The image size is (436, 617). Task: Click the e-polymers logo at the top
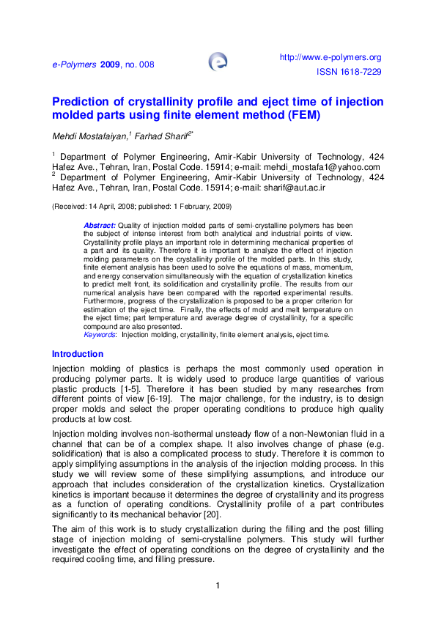pos(218,62)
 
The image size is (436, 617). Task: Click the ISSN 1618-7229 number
pos(349,72)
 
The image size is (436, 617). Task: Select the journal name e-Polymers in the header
pos(74,64)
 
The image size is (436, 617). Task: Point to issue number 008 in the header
pos(147,64)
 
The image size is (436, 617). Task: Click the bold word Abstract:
pos(100,225)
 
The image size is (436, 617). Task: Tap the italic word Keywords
pos(100,334)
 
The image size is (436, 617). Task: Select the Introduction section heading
pos(78,354)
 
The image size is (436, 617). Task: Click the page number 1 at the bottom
pos(218,585)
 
